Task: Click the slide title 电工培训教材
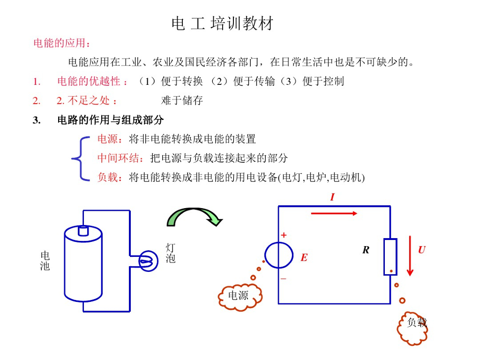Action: click(x=223, y=23)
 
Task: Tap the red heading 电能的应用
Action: click(x=60, y=43)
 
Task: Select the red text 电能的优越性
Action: click(x=89, y=82)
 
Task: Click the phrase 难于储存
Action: click(x=182, y=100)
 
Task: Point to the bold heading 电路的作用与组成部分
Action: click(x=111, y=120)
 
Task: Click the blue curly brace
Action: click(x=80, y=158)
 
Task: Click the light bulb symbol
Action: click(x=149, y=261)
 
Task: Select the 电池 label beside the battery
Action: click(x=45, y=261)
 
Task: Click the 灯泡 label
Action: click(x=171, y=253)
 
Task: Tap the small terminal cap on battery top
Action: click(x=83, y=231)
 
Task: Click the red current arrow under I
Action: click(x=334, y=213)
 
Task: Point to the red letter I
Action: click(x=332, y=197)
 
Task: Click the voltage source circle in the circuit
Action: click(x=279, y=255)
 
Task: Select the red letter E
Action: click(x=304, y=257)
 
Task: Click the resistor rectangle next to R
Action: click(x=390, y=257)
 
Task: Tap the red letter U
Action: click(x=422, y=250)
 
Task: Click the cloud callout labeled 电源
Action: click(x=240, y=296)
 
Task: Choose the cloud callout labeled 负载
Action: click(x=412, y=328)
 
